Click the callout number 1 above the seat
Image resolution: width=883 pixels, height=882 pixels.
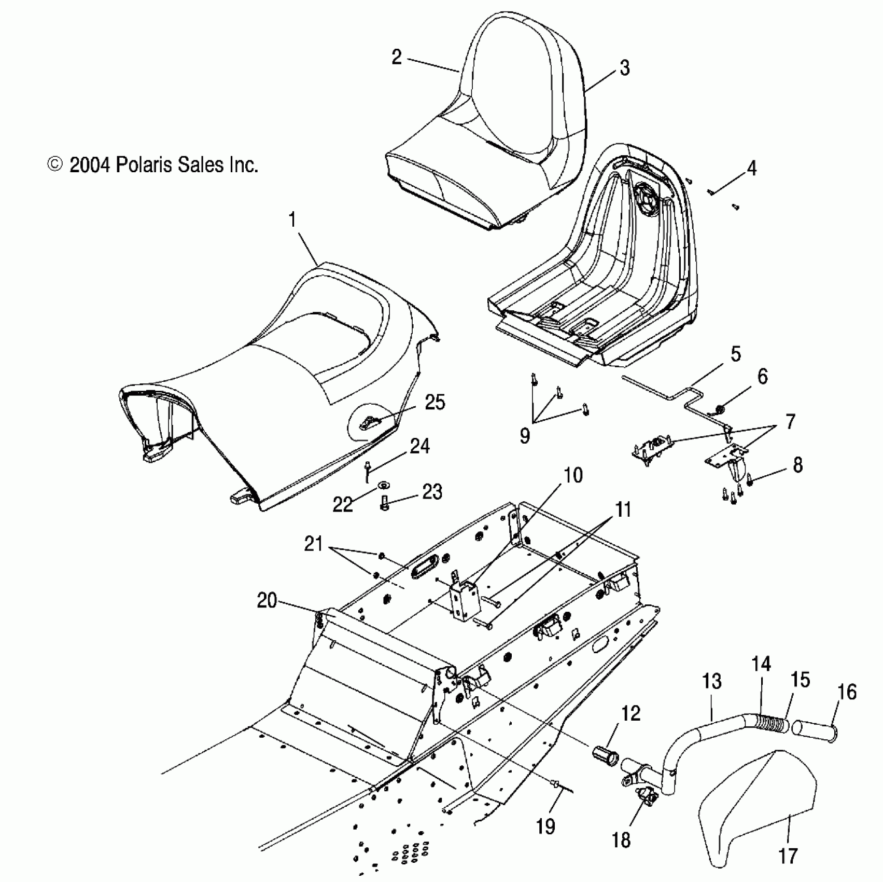(293, 220)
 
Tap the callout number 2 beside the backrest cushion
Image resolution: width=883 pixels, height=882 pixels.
(397, 57)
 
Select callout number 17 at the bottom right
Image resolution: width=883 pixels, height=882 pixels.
(788, 856)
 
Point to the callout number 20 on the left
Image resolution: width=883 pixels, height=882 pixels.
(267, 601)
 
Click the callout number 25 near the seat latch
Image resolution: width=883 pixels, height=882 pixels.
(435, 402)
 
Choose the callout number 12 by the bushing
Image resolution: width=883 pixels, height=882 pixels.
(630, 713)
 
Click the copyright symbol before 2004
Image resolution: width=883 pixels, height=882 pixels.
(55, 165)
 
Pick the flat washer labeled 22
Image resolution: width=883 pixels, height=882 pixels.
(383, 485)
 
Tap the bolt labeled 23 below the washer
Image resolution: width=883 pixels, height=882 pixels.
(385, 503)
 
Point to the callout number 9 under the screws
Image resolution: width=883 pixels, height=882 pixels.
(525, 436)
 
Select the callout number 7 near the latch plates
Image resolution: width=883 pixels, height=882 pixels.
(790, 422)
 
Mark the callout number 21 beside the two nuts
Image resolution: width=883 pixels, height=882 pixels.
(314, 544)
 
